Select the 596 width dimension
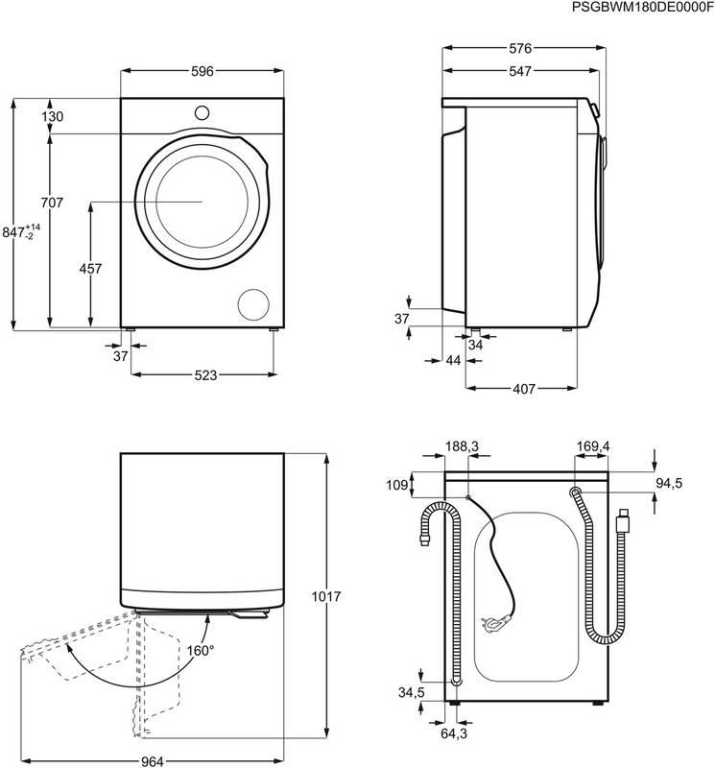point(201,71)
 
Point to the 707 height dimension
point(52,203)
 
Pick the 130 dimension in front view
point(52,116)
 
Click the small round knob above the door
point(202,111)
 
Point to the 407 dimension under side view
point(523,390)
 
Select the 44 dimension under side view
point(453,360)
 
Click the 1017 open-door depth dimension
point(328,595)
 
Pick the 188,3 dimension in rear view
point(462,446)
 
